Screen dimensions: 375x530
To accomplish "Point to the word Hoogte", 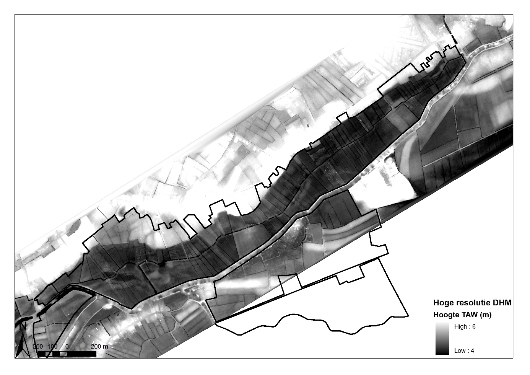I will (445, 315).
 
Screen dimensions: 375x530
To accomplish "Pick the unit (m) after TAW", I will (485, 315).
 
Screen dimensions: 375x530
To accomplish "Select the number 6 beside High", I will (473, 327).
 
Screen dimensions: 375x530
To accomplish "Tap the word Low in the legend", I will (460, 351).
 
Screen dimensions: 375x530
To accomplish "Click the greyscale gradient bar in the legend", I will (442, 338).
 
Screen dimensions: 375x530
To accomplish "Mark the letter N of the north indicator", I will (23, 326).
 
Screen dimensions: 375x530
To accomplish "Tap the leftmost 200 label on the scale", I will (38, 346).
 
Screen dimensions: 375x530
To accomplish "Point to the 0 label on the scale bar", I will (67, 346).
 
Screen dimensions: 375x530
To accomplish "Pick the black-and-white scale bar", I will (67, 354).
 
